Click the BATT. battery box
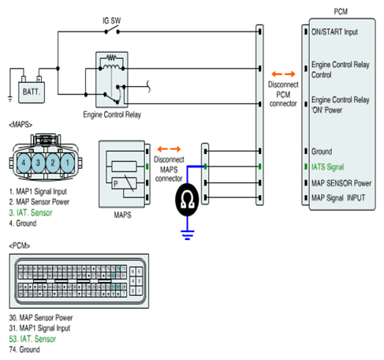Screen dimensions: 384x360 pyautogui.click(x=32, y=92)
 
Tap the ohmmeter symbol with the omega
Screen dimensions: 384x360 pyautogui.click(x=187, y=200)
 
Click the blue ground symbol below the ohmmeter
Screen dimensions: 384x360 pyautogui.click(x=188, y=235)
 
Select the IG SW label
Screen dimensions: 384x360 pyautogui.click(x=112, y=21)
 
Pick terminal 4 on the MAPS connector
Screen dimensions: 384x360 pyautogui.click(x=24, y=163)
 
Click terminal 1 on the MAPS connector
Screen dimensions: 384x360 pyautogui.click(x=68, y=163)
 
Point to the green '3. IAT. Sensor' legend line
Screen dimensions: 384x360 pyautogui.click(x=31, y=212)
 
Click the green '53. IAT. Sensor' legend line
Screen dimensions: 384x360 pyautogui.click(x=32, y=339)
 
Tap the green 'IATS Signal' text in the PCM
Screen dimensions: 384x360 pyautogui.click(x=328, y=167)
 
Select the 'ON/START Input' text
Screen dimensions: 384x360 pyautogui.click(x=334, y=32)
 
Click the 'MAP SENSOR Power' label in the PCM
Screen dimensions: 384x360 pyautogui.click(x=341, y=183)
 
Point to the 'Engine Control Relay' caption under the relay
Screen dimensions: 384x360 pyautogui.click(x=112, y=114)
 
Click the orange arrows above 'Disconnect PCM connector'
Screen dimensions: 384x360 pyautogui.click(x=283, y=74)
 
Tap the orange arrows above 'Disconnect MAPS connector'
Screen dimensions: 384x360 pyautogui.click(x=169, y=149)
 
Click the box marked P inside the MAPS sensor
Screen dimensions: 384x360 pyautogui.click(x=124, y=183)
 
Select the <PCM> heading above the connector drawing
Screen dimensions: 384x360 pyautogui.click(x=20, y=246)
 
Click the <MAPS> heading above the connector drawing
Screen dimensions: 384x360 pyautogui.click(x=21, y=125)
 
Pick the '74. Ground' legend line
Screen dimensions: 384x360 pyautogui.click(x=24, y=350)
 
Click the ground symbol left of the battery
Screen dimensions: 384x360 pyautogui.click(x=10, y=99)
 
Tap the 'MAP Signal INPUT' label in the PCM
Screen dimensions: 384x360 pyautogui.click(x=338, y=197)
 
